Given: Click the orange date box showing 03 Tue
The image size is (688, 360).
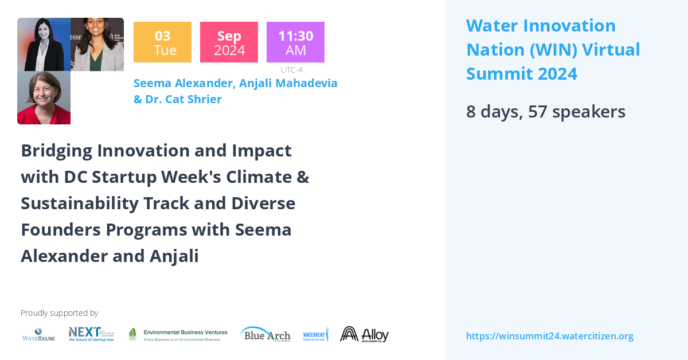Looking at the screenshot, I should pos(162,42).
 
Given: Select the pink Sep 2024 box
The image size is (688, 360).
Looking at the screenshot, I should pos(229,42).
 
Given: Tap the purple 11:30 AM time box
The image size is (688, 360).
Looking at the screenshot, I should pos(295,42).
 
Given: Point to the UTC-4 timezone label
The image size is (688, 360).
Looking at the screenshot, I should pos(291,70).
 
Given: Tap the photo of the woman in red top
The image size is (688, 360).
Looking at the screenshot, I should pos(44,97).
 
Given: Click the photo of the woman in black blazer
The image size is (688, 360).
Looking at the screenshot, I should pos(44,44).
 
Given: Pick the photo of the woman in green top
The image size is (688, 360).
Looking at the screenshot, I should pos(97,44).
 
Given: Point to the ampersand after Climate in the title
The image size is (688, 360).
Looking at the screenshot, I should pos(303,177).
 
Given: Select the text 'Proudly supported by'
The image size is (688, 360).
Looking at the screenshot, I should pos(59,313).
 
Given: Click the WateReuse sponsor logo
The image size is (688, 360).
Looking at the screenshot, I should pos(38,335).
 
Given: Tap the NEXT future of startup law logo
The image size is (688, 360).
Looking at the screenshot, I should pos(91,334).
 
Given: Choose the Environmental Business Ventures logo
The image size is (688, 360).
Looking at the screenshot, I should pos(178,335).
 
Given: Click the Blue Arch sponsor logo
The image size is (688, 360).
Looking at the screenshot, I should pos(265,334).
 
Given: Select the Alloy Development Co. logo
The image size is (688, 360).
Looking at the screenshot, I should pos(364,334).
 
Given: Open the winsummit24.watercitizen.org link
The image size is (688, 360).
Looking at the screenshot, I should pos(549,336).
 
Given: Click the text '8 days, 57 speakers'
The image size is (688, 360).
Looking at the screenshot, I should pos(545,111).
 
